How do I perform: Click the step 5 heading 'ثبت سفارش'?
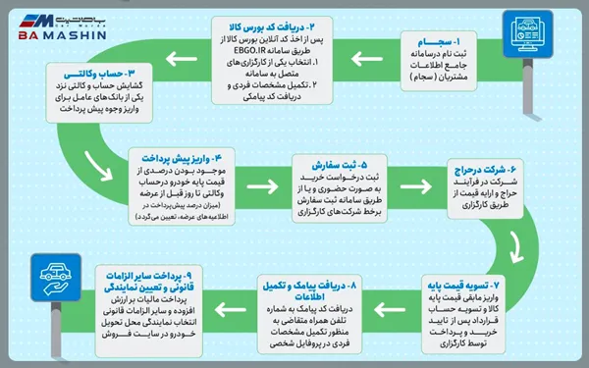pos(328,168)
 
